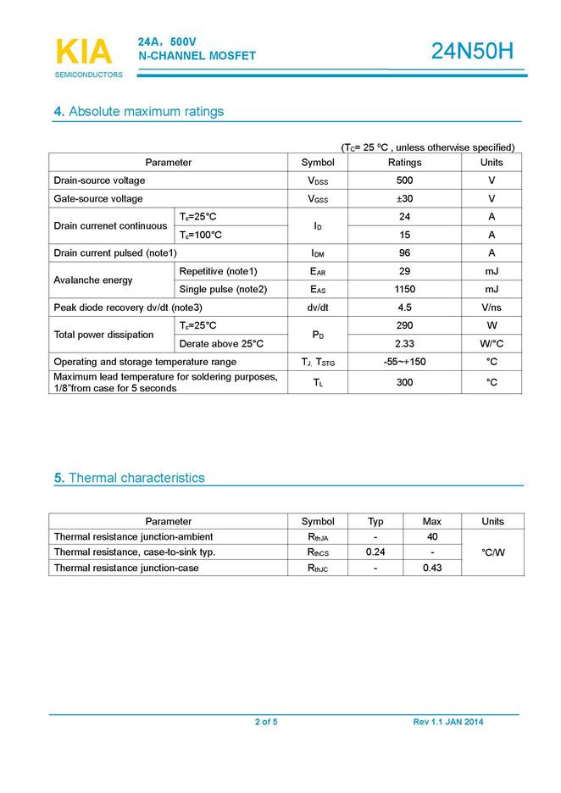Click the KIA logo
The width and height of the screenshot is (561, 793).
[x=83, y=53]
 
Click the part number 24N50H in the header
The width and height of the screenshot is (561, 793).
[x=472, y=53]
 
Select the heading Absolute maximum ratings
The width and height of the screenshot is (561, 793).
[x=139, y=112]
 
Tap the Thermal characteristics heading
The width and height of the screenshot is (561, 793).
[x=130, y=478]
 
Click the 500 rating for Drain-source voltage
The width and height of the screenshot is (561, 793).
[x=404, y=180]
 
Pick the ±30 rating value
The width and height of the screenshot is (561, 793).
[x=404, y=199]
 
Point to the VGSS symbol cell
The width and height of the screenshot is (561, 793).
[x=318, y=199]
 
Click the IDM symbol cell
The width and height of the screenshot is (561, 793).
[x=318, y=253]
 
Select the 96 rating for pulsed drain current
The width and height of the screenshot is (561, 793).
[x=404, y=253]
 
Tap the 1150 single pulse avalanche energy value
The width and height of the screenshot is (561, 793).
[x=404, y=290]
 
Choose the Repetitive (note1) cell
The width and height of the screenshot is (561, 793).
[x=218, y=271]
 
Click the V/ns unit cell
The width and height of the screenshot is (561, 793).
[x=492, y=308]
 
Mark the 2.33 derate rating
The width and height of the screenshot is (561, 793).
[x=404, y=344]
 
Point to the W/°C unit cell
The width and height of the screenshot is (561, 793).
[x=492, y=344]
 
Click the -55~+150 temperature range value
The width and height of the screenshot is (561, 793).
[x=404, y=363]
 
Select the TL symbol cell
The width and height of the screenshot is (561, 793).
[x=318, y=383]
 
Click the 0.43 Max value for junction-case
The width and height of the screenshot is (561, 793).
[x=432, y=568]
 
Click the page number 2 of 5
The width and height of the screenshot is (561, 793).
[x=266, y=722]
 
